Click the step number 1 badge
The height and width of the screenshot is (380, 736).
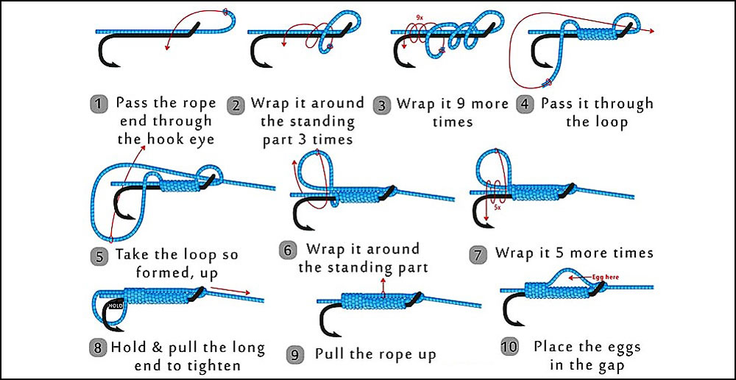(99, 104)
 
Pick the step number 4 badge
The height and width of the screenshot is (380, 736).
(525, 104)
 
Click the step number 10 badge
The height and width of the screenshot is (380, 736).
(509, 347)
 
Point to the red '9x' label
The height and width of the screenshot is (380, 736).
(419, 16)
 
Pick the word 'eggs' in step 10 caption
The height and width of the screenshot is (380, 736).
(622, 346)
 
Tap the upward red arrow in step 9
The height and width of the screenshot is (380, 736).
(384, 286)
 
